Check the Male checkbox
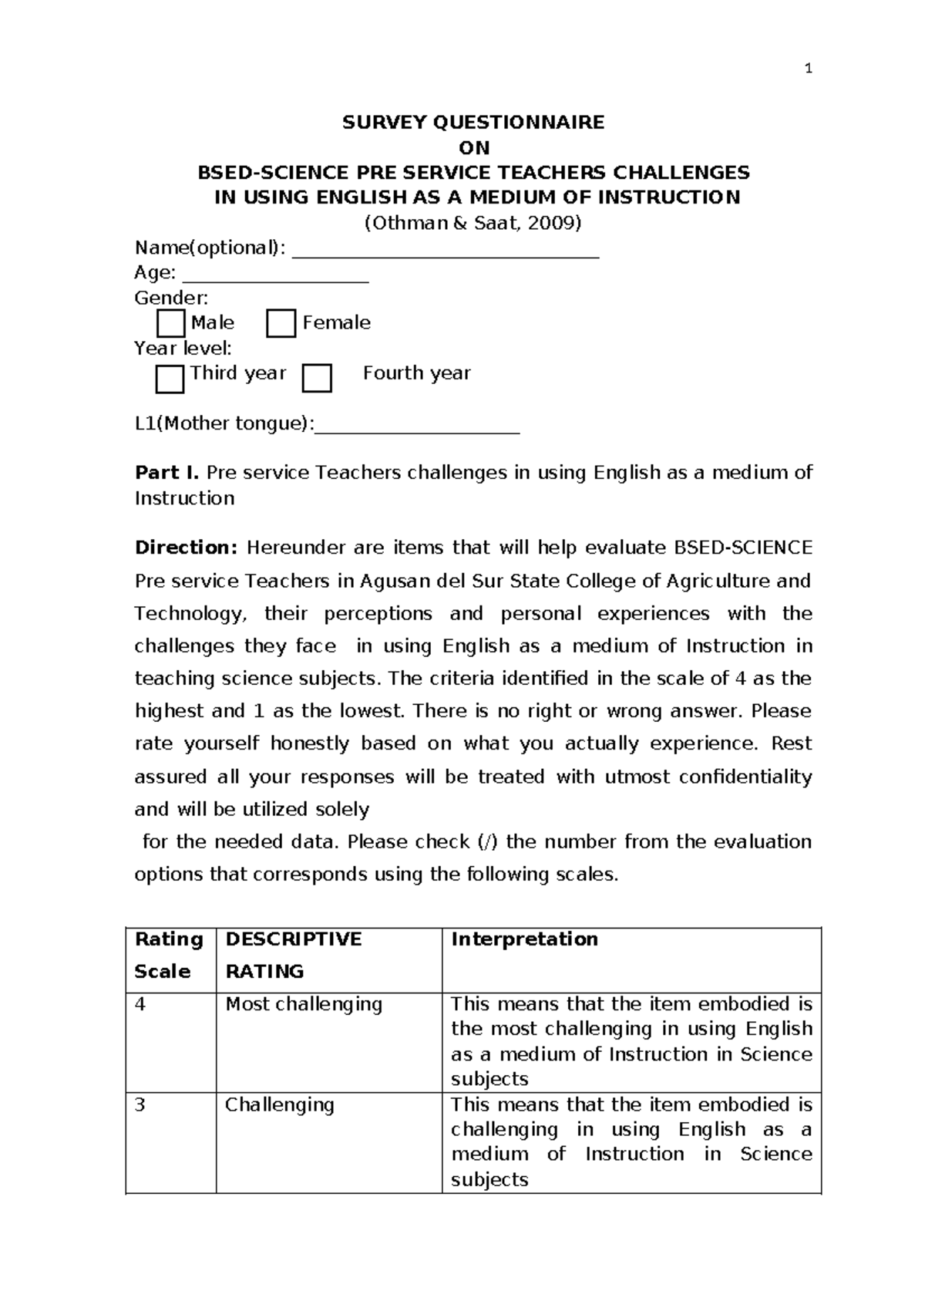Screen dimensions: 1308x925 [170, 323]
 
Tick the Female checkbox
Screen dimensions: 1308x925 [281, 323]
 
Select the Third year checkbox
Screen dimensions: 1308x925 [170, 378]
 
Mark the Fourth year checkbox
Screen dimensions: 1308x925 [317, 378]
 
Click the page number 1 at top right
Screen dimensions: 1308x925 [808, 69]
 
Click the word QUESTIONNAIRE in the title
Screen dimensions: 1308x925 [520, 122]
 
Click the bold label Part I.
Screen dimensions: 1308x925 [167, 472]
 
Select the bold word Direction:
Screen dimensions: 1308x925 [187, 548]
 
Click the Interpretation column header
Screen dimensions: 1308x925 [524, 939]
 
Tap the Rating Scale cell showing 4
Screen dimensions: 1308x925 [140, 1004]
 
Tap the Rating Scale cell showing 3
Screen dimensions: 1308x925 [140, 1104]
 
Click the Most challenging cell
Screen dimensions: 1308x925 [303, 1004]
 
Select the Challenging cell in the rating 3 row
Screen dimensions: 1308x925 [279, 1104]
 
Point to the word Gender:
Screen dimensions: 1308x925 [171, 298]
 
